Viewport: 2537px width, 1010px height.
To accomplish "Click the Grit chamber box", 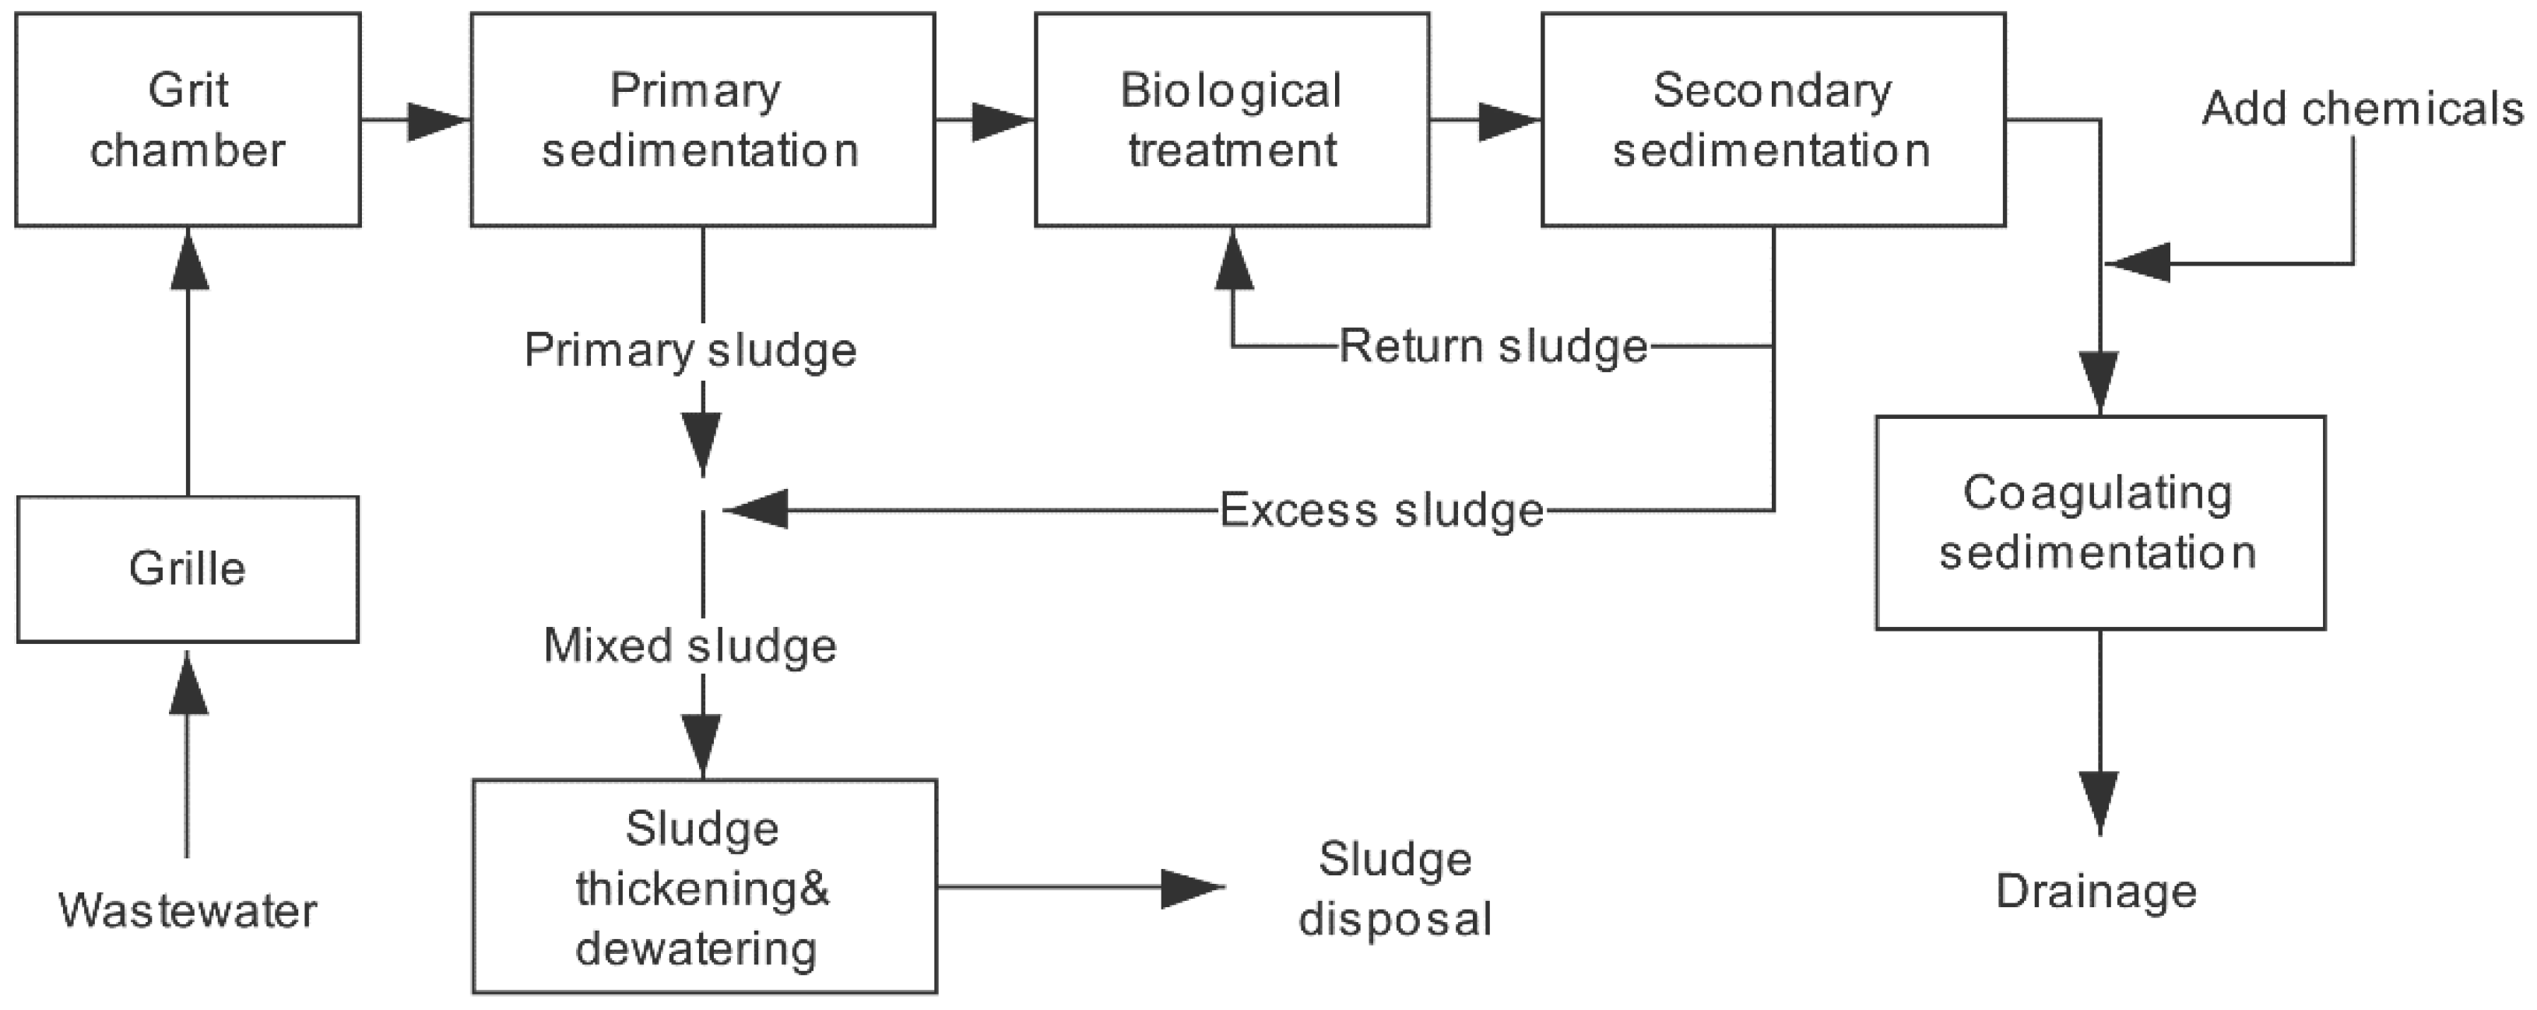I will [187, 119].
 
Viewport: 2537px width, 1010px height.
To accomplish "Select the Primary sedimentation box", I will [702, 119].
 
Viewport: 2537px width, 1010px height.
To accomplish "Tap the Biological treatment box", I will [1231, 119].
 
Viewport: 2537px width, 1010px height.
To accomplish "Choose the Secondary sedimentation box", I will [1773, 119].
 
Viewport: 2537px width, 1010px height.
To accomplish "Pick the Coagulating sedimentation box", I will [2100, 523].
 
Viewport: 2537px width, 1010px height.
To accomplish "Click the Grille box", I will [187, 568].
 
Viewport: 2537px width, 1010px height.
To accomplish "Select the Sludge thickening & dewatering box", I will [705, 886].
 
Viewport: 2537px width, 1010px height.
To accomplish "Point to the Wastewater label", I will [187, 910].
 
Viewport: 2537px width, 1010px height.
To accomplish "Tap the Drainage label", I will [2096, 891].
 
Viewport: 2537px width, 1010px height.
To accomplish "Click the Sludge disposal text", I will [1394, 889].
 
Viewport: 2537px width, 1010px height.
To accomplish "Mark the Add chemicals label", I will [2363, 108].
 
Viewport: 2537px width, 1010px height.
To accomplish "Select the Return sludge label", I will [1493, 346].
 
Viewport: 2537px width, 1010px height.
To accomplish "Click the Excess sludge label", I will [1382, 509].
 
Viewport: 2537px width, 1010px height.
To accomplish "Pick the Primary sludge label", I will [690, 350].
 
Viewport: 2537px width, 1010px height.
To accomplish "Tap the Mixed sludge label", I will [690, 646].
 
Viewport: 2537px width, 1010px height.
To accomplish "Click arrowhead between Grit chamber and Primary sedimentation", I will [436, 120].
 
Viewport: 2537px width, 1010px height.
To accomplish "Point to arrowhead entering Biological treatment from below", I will [1233, 259].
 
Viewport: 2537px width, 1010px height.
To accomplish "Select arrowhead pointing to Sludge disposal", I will [1192, 888].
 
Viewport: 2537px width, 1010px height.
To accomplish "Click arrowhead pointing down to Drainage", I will [2100, 802].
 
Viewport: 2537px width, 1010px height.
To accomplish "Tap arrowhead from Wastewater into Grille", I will [188, 683].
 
